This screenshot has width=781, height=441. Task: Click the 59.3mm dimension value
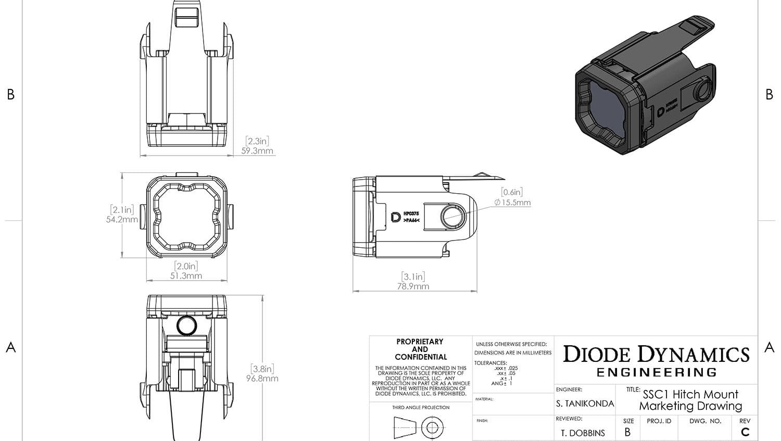click(x=257, y=151)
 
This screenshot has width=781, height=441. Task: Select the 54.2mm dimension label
click(x=122, y=219)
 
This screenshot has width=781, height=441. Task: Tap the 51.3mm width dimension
click(x=186, y=276)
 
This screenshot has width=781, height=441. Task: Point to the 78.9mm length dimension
click(x=413, y=286)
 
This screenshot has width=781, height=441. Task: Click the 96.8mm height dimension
click(x=262, y=379)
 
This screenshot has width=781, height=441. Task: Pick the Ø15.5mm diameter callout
click(x=512, y=203)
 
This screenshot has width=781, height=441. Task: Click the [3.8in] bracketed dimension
click(x=262, y=369)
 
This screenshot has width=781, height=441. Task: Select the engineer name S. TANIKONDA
click(x=585, y=404)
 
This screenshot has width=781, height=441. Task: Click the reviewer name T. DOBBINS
click(x=583, y=433)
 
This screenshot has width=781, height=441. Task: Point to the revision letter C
click(x=745, y=432)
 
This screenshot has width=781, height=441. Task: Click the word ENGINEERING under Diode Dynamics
click(x=656, y=372)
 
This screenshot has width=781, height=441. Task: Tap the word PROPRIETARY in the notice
click(x=420, y=342)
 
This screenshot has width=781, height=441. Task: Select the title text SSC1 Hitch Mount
click(x=690, y=394)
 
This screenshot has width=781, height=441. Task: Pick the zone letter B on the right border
click(x=770, y=94)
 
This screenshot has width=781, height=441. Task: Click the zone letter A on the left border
click(x=10, y=347)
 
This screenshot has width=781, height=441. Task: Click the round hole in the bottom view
click(x=186, y=325)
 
